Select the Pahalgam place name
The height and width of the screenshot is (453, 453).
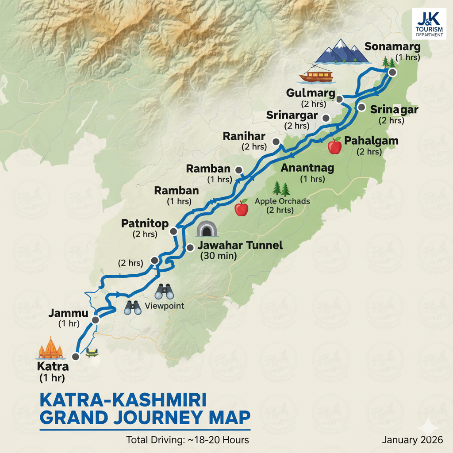click(371, 141)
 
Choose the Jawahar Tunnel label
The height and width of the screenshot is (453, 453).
click(241, 246)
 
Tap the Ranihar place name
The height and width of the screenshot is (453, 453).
click(245, 136)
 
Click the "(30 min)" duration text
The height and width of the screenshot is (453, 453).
click(219, 256)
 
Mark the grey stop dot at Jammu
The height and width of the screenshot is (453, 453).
click(96, 320)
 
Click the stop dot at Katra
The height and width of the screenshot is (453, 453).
click(76, 356)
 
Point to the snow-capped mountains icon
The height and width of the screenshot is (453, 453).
click(342, 51)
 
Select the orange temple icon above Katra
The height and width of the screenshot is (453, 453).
click(51, 348)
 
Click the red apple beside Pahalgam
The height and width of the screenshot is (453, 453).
click(335, 146)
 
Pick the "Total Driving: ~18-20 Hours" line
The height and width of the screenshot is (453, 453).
click(188, 440)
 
